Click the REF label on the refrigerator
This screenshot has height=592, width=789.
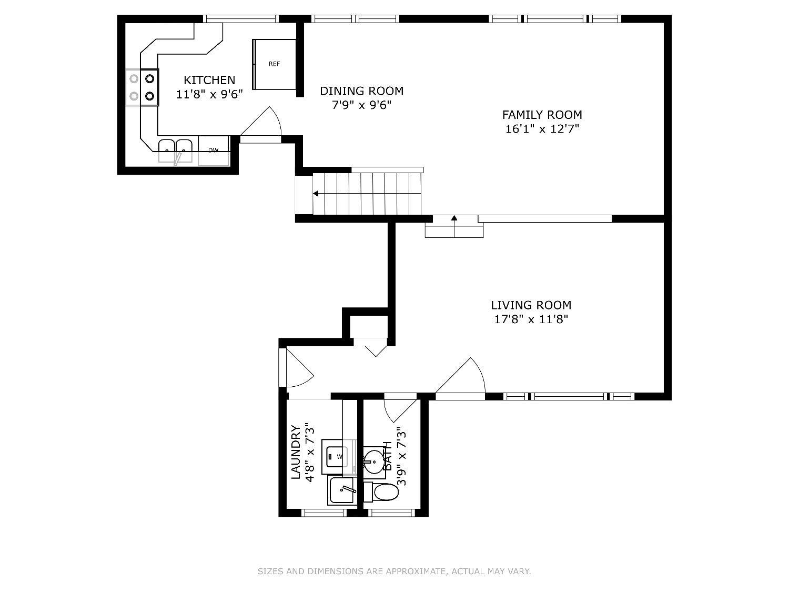point(274,64)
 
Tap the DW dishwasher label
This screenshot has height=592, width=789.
point(213,150)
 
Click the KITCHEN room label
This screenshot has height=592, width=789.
point(209,80)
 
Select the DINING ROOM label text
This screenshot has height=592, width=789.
point(361,91)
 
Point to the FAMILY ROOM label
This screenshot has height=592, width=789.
point(542,115)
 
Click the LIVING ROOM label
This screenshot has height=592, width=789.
point(531,305)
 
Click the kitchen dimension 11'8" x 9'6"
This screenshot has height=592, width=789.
point(209,94)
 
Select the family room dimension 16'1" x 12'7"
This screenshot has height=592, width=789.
point(542,129)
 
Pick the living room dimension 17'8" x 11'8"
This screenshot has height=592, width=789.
point(531,319)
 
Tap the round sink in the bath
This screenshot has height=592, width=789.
point(374,463)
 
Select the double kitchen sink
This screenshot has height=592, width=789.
point(175,152)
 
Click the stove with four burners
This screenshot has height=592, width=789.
point(142,87)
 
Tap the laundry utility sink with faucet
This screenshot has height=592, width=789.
point(342,490)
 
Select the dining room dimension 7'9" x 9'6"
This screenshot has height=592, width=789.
point(361,105)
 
